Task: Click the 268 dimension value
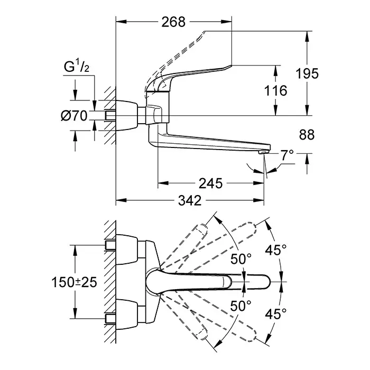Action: pyautogui.click(x=174, y=22)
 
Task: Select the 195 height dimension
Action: pyautogui.click(x=307, y=74)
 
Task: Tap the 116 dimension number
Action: pyautogui.click(x=275, y=91)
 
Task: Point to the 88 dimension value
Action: pyautogui.click(x=307, y=135)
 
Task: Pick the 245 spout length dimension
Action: pyautogui.click(x=211, y=183)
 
